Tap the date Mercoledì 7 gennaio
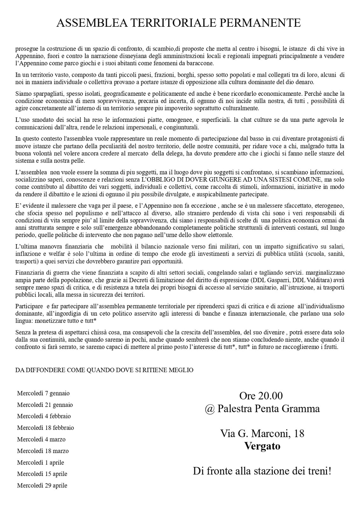(x=43, y=393)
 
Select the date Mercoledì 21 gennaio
(x=45, y=405)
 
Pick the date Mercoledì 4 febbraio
(x=44, y=416)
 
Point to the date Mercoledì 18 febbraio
(x=46, y=428)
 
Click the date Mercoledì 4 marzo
(x=41, y=439)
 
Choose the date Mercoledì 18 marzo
(x=43, y=451)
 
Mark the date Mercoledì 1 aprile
(x=40, y=462)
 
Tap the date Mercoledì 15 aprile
(x=42, y=474)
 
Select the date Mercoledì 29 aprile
(x=42, y=485)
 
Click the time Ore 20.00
(x=261, y=396)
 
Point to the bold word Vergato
(x=262, y=446)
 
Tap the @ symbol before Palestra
(x=210, y=408)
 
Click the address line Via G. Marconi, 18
(x=262, y=433)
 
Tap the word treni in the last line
(x=318, y=471)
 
